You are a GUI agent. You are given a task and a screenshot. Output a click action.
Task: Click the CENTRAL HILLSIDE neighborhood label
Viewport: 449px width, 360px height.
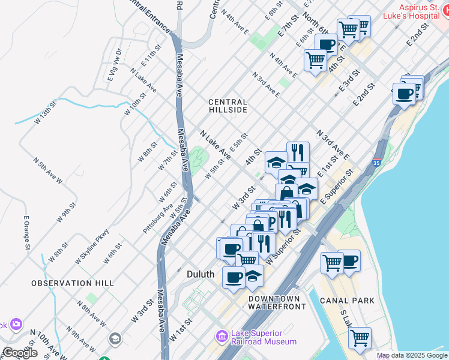click(x=228, y=106)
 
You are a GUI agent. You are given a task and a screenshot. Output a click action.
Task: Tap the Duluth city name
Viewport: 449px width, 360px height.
click(x=200, y=274)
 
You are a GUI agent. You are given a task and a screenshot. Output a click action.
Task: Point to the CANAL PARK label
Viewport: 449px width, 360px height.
click(x=348, y=300)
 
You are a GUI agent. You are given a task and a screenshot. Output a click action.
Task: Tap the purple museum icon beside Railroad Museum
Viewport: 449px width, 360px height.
click(x=223, y=337)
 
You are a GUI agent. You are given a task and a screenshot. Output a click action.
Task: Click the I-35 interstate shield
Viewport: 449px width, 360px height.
click(x=376, y=163)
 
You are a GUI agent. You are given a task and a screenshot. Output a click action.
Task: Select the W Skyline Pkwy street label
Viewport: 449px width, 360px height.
click(x=92, y=247)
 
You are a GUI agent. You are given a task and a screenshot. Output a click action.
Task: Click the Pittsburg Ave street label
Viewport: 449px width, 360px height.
click(x=158, y=206)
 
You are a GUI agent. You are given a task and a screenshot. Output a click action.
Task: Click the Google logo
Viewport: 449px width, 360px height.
click(x=20, y=353)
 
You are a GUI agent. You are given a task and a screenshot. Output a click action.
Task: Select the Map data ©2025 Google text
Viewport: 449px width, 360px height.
click(x=412, y=355)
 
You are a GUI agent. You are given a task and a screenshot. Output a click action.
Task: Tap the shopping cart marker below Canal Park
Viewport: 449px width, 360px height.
click(x=360, y=337)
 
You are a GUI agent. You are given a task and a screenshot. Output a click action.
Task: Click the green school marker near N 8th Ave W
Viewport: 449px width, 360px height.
click(x=114, y=340)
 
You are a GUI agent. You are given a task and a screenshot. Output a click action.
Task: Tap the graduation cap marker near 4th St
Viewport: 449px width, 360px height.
click(x=276, y=162)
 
